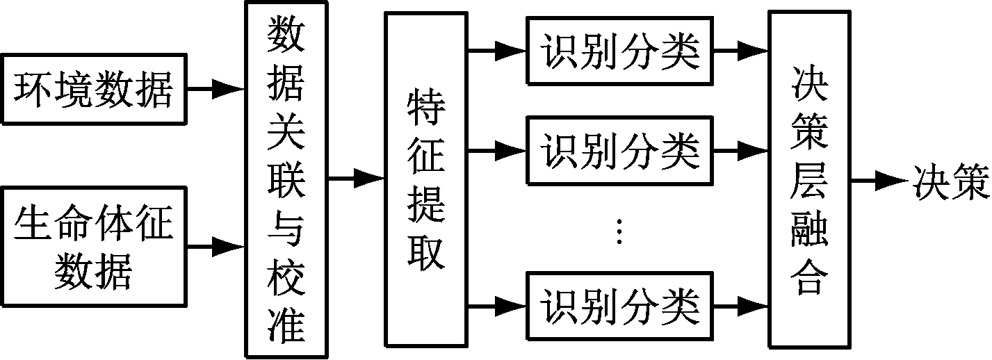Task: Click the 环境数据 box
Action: pyautogui.click(x=95, y=89)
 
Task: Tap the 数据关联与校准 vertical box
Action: pyautogui.click(x=286, y=179)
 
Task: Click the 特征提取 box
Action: pyautogui.click(x=425, y=179)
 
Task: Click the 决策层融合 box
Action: pyautogui.click(x=809, y=179)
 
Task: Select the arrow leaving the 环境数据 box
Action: pyautogui.click(x=216, y=89)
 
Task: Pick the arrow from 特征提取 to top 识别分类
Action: pyautogui.click(x=498, y=50)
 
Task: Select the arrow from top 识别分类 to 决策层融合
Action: pyautogui.click(x=742, y=50)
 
